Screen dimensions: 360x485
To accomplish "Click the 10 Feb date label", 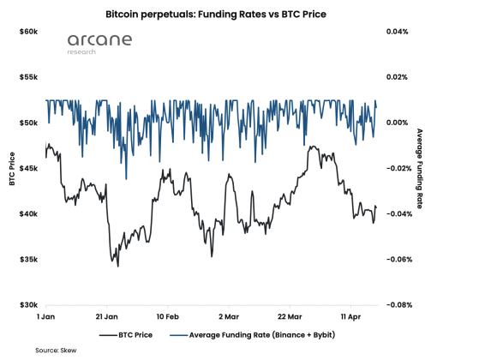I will pyautogui.click(x=167, y=315).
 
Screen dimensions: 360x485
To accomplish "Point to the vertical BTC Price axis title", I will pyautogui.click(x=11, y=168).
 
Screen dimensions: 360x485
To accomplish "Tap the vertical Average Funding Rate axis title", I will pyautogui.click(x=419, y=168).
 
